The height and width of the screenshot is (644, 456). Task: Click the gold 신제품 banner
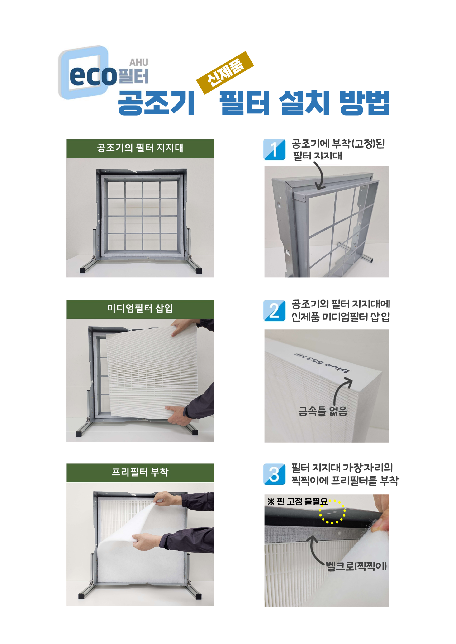[225, 73]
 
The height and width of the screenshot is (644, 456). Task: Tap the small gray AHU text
[139, 62]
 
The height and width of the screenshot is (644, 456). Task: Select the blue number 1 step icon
[274, 149]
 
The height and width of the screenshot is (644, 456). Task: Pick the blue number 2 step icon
[274, 310]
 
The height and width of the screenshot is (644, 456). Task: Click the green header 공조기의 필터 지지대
[140, 148]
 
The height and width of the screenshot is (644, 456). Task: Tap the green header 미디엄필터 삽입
[140, 309]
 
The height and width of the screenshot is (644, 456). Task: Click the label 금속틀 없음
[323, 412]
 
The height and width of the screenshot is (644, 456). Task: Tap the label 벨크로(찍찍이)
[356, 566]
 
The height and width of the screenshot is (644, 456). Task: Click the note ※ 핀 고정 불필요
[297, 501]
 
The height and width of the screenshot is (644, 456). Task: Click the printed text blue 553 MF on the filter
[322, 363]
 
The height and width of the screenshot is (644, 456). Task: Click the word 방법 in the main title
[365, 103]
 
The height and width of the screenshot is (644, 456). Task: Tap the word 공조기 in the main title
[156, 103]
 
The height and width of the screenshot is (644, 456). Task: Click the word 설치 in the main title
[304, 103]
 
